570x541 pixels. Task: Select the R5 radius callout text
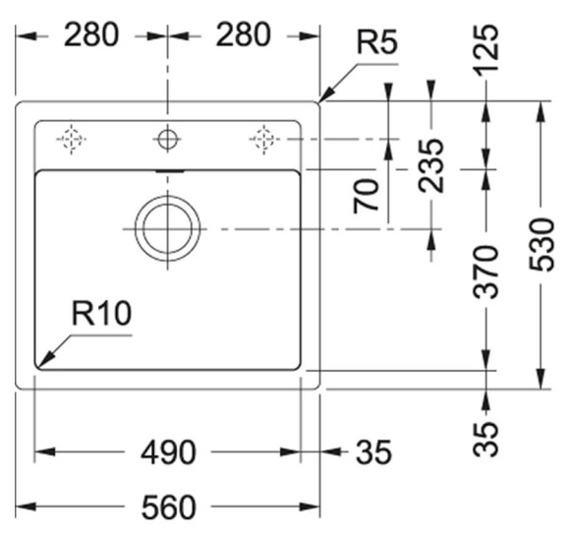coord(376,44)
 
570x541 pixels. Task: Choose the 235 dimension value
coord(431,165)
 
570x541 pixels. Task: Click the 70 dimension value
coord(368,195)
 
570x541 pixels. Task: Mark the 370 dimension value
coord(486,278)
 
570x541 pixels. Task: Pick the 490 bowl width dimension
coord(167,452)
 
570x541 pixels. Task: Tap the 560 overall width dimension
coord(167,507)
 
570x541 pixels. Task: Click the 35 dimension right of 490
coord(371,452)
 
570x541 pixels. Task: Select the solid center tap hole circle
coord(167,140)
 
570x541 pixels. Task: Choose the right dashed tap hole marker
coord(262,140)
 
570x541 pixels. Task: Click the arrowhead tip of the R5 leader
coord(320,101)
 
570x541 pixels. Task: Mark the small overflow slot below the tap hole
coord(167,170)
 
